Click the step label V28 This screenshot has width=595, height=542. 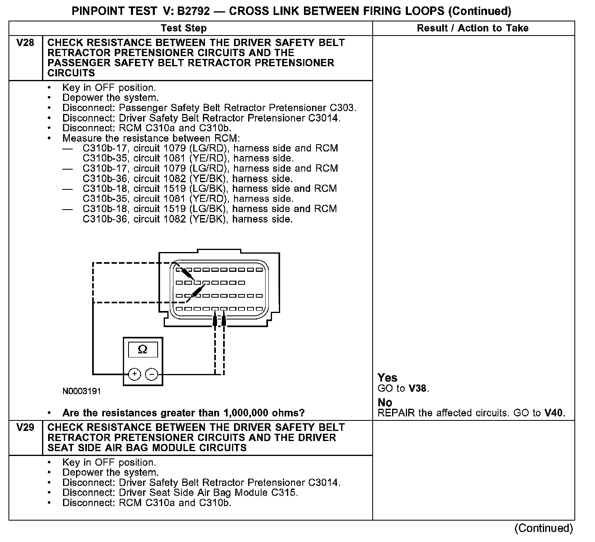[25, 43]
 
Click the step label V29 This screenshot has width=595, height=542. [25, 427]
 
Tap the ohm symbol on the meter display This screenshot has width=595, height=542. [143, 349]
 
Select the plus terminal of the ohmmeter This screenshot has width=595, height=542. [134, 374]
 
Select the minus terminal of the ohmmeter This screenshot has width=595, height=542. [151, 374]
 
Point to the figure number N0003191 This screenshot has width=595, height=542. [82, 391]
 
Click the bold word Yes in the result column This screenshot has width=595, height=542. [387, 378]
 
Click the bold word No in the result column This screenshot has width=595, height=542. [385, 402]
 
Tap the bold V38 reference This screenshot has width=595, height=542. [418, 389]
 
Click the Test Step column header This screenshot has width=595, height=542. [184, 28]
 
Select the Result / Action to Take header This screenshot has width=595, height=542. [473, 28]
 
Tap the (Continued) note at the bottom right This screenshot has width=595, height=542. [543, 528]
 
